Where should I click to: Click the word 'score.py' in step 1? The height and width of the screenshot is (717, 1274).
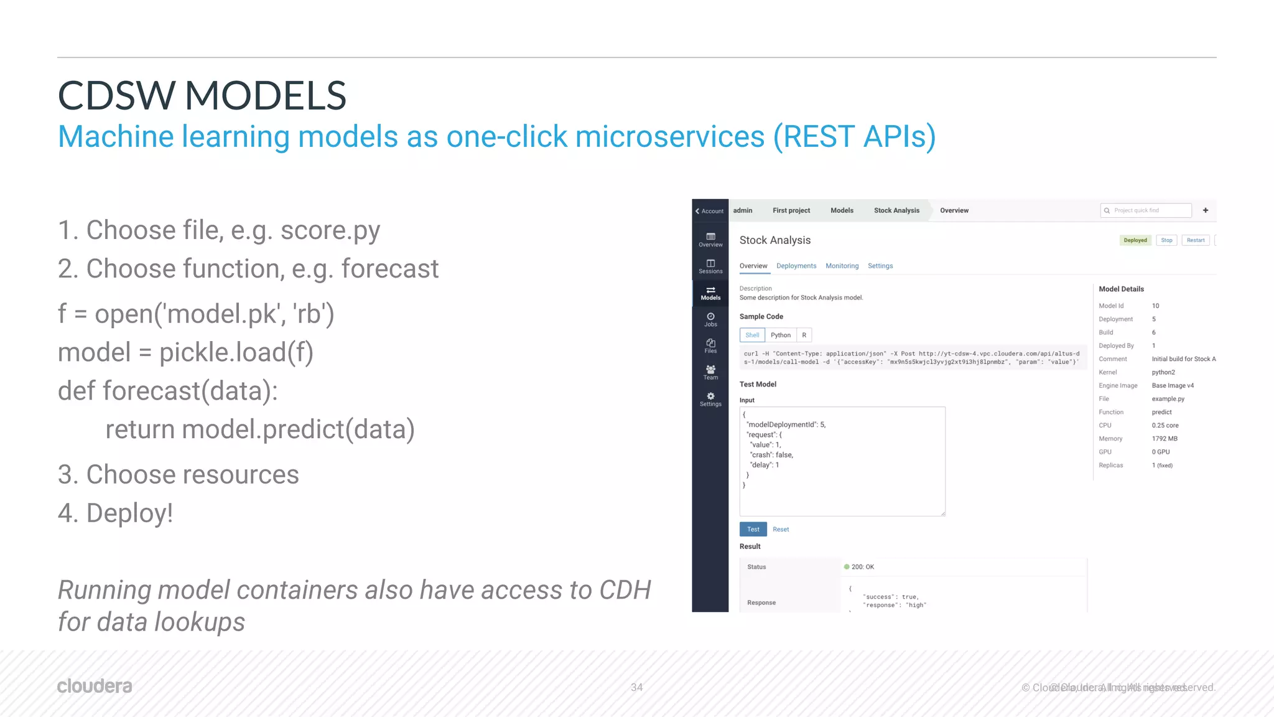(x=330, y=230)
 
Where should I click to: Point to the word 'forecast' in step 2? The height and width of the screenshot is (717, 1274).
(x=389, y=269)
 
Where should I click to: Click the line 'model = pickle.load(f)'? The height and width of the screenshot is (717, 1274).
(x=185, y=352)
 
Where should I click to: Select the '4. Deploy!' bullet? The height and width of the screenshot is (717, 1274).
(x=115, y=513)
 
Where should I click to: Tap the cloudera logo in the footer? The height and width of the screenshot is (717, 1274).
(x=95, y=686)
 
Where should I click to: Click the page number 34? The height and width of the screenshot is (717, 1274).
(x=636, y=687)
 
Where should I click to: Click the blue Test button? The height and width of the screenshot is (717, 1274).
(x=753, y=529)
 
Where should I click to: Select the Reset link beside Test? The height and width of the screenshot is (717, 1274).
(x=781, y=529)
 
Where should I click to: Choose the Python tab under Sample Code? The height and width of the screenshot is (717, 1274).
(x=780, y=335)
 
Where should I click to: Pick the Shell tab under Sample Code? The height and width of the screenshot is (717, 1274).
(x=752, y=335)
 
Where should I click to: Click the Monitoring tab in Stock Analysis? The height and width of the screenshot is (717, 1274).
(x=842, y=266)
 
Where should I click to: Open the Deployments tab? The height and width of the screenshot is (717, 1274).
(x=796, y=266)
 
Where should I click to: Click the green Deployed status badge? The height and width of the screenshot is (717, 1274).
(x=1135, y=240)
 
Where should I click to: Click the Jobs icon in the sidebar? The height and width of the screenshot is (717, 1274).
(x=710, y=319)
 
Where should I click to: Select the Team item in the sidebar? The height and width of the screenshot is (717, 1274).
(x=710, y=372)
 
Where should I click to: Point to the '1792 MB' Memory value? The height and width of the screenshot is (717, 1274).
(x=1164, y=439)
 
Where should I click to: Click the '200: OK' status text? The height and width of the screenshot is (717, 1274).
(x=862, y=567)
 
